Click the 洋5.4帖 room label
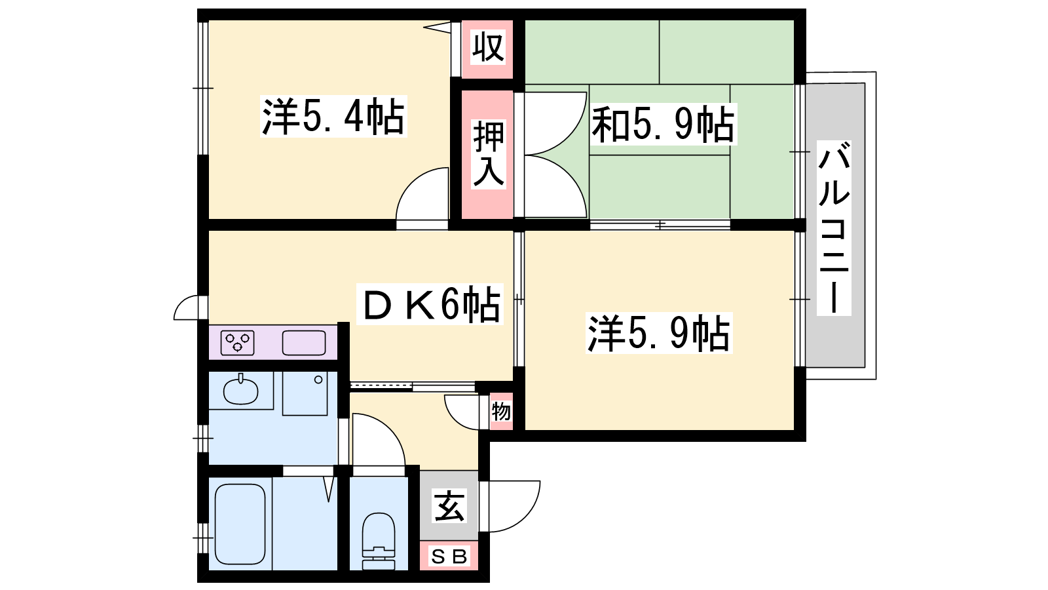tap(333, 117)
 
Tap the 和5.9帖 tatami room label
tap(663, 125)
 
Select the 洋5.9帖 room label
tap(659, 333)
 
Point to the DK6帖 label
tap(430, 304)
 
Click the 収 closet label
tap(488, 47)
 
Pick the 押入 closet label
tap(489, 154)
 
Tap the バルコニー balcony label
tap(834, 227)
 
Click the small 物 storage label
tap(501, 412)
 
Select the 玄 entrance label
tap(449, 505)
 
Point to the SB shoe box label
tap(449, 557)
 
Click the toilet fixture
tap(379, 541)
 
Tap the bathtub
tap(240, 524)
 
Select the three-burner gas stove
tap(238, 342)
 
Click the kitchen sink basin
tap(304, 342)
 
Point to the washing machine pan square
tap(305, 393)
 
